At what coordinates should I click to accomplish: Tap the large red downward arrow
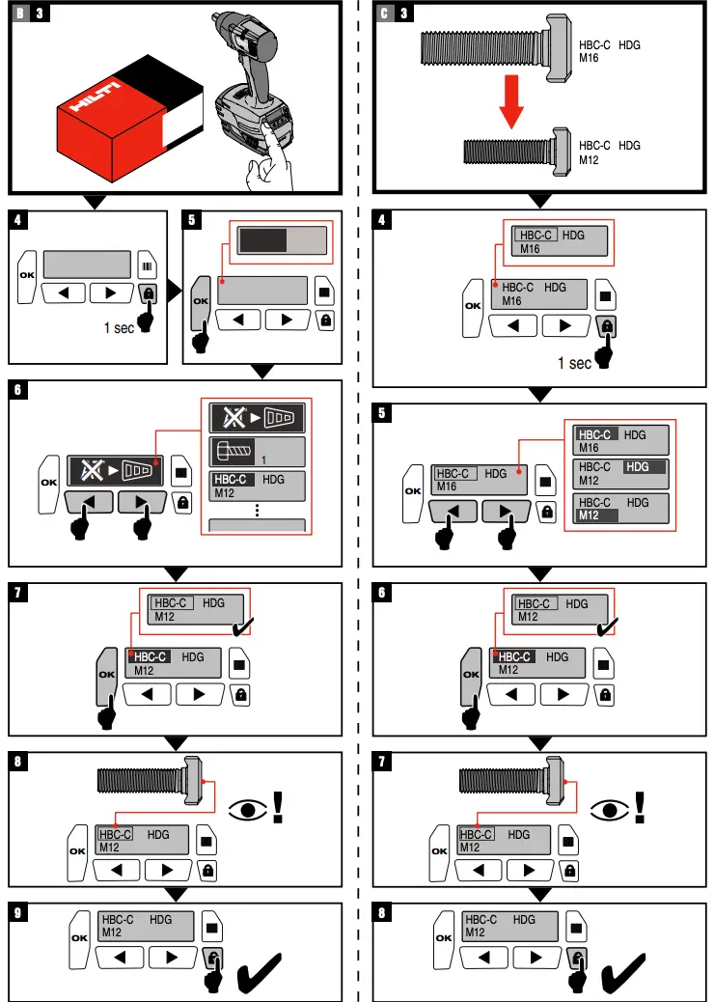[x=513, y=102]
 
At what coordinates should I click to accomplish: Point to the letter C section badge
[x=384, y=13]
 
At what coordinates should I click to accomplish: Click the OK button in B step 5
[x=201, y=300]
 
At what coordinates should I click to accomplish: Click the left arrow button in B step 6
[x=89, y=502]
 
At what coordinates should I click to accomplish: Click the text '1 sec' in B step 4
[x=119, y=328]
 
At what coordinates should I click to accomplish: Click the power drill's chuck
[x=220, y=20]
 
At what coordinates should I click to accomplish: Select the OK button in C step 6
[x=472, y=674]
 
